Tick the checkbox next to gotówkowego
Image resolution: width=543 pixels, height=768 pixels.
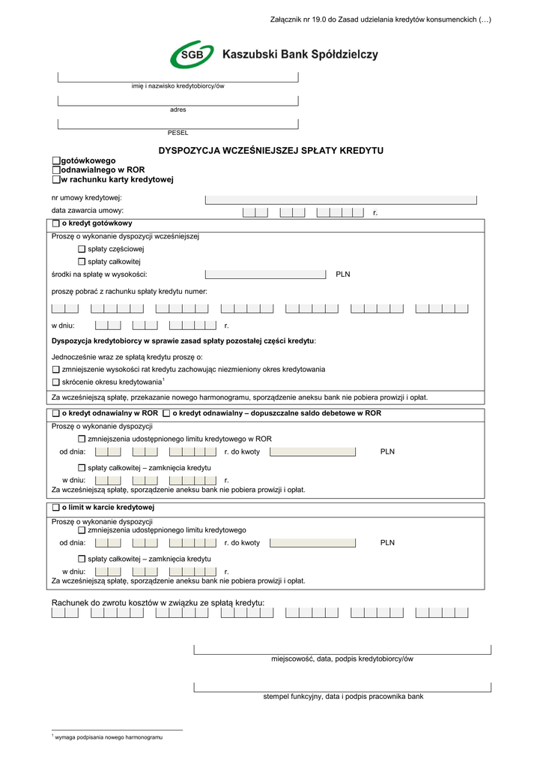pyautogui.click(x=56, y=160)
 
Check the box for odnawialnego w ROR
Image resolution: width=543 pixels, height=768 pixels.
pyautogui.click(x=56, y=170)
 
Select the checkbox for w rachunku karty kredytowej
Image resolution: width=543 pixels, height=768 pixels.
pyautogui.click(x=56, y=180)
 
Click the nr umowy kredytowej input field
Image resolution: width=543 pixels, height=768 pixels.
pyautogui.click(x=341, y=199)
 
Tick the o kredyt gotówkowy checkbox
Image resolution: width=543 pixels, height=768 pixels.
pyautogui.click(x=56, y=223)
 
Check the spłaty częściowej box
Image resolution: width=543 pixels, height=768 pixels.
pyautogui.click(x=82, y=249)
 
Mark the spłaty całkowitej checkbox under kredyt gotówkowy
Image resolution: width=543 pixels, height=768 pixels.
pyautogui.click(x=82, y=262)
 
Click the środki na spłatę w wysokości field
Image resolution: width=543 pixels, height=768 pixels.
pyautogui.click(x=265, y=274)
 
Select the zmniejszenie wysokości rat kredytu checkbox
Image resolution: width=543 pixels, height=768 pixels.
pyautogui.click(x=56, y=369)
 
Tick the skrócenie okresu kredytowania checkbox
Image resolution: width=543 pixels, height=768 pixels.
pyautogui.click(x=56, y=382)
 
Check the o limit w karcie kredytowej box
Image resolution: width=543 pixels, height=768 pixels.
pyautogui.click(x=56, y=508)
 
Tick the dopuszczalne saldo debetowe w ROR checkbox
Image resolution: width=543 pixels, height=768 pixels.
pyautogui.click(x=166, y=413)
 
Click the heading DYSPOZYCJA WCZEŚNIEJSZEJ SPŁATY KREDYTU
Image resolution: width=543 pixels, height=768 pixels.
pyautogui.click(x=270, y=151)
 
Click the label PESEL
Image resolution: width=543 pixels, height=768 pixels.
pyautogui.click(x=178, y=133)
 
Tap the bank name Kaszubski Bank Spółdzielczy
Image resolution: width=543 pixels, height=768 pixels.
pyautogui.click(x=300, y=55)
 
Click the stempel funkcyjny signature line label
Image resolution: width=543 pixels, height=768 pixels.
pyautogui.click(x=343, y=697)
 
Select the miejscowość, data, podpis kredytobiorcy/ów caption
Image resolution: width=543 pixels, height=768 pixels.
pyautogui.click(x=342, y=659)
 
